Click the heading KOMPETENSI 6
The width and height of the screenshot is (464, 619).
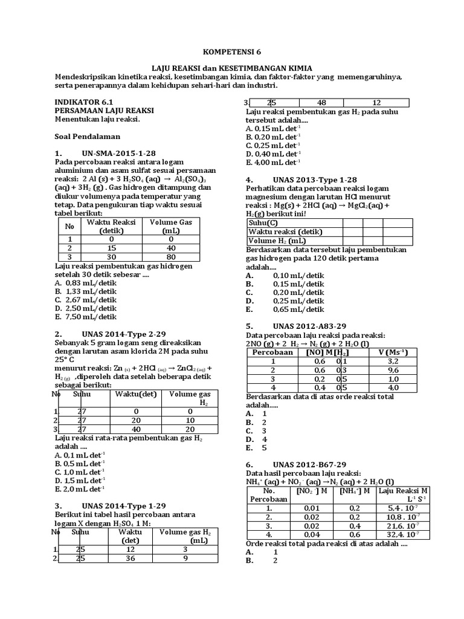(232, 53)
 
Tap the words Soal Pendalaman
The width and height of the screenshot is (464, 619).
(88, 136)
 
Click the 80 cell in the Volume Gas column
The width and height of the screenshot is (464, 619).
(171, 256)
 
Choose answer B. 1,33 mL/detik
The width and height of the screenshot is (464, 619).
(85, 291)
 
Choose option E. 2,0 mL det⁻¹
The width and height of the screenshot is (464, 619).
(80, 488)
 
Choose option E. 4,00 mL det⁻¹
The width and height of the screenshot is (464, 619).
(273, 162)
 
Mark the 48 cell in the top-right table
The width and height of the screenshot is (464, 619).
(321, 102)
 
